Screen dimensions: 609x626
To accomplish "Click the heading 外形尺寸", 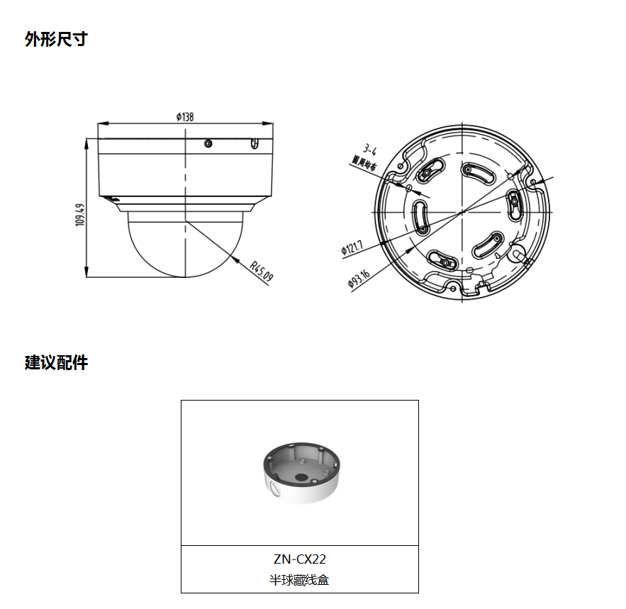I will (56, 40).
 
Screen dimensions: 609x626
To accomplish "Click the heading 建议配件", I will (56, 363).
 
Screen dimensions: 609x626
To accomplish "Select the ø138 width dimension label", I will (185, 117).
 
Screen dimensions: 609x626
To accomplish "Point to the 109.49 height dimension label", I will (79, 215).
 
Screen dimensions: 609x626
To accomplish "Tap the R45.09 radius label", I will (262, 270).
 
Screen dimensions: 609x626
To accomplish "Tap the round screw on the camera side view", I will (207, 144).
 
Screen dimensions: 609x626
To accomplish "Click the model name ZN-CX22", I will (299, 559).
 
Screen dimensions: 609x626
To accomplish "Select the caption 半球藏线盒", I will (299, 580).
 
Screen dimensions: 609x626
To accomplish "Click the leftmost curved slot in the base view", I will (420, 216).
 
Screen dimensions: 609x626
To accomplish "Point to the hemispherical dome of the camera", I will (185, 245).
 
